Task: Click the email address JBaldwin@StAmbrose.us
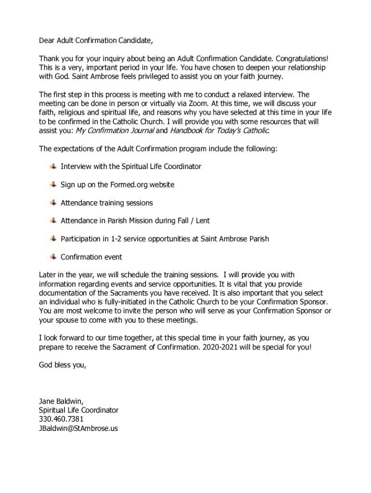point(78,428)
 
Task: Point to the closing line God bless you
point(63,365)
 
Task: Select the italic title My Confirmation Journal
point(115,130)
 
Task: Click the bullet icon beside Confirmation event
point(53,257)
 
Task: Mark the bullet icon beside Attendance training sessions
point(53,203)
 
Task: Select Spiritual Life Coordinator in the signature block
point(79,410)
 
